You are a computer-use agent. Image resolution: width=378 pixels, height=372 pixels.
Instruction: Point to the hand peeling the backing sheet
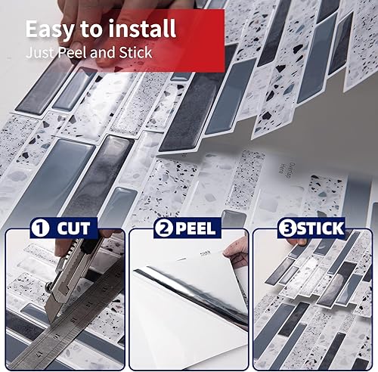[x=236, y=253]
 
